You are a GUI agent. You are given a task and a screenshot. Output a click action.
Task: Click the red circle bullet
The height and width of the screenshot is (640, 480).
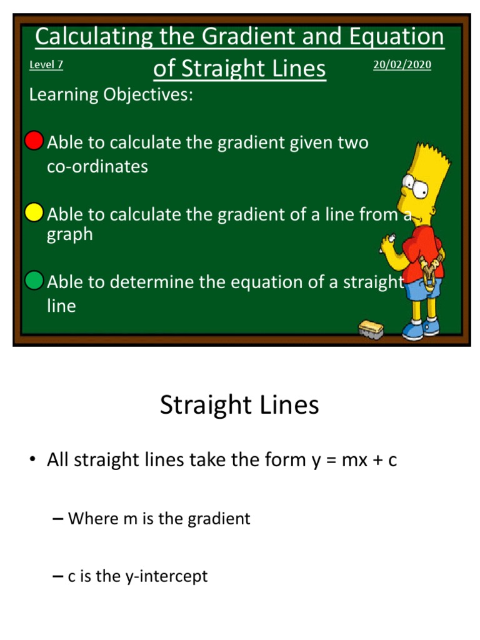click(34, 141)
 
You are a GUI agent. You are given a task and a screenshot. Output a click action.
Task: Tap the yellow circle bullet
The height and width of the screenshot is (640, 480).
click(34, 212)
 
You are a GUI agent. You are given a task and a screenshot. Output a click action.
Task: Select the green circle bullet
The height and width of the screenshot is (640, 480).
click(34, 281)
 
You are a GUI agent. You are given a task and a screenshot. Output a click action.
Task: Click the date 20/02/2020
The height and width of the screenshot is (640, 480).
click(402, 64)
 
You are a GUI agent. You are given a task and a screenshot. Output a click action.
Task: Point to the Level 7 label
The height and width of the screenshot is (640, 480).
click(46, 64)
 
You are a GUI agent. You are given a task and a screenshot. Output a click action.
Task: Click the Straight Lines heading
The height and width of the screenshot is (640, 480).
click(239, 405)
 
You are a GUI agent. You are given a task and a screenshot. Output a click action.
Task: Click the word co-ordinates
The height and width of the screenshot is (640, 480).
click(98, 166)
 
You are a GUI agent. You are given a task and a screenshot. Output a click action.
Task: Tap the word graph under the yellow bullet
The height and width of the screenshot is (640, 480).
click(70, 235)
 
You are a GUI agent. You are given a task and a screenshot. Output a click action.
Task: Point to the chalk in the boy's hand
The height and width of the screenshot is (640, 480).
click(392, 239)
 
